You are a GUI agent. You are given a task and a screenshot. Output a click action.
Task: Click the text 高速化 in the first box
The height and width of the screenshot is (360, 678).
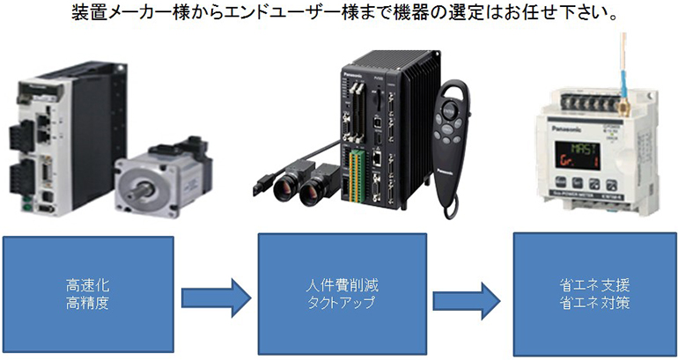87,285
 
